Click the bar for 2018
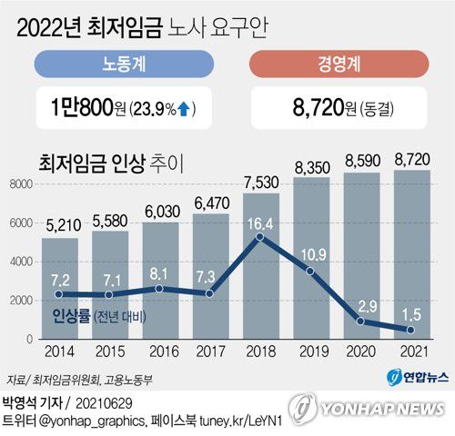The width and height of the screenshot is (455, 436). pyautogui.click(x=260, y=272)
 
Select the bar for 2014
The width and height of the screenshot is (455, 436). pyautogui.click(x=58, y=300)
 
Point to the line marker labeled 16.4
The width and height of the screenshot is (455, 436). pyautogui.click(x=261, y=239)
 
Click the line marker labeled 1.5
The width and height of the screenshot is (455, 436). pyautogui.click(x=412, y=330)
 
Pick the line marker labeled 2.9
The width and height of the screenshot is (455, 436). pyautogui.click(x=362, y=321)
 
